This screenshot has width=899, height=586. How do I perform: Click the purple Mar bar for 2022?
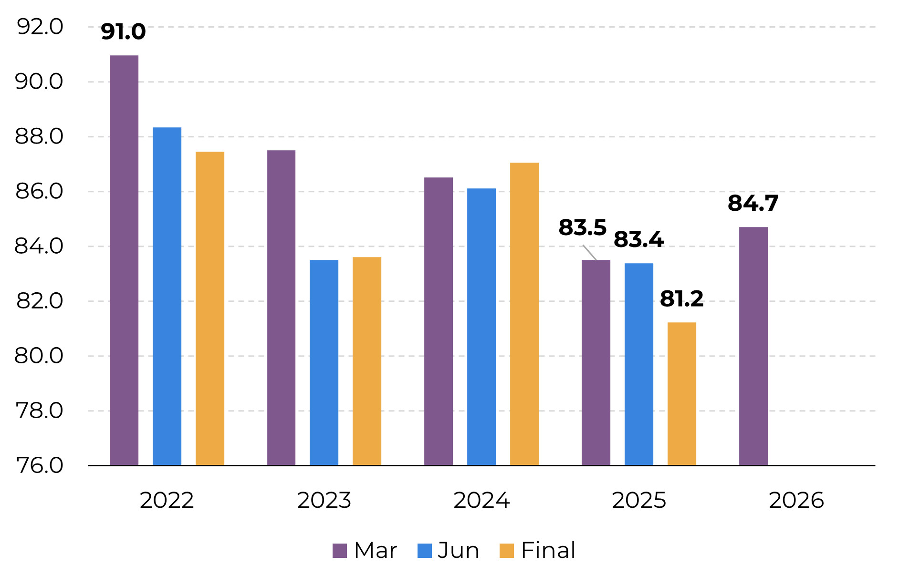pos(124,260)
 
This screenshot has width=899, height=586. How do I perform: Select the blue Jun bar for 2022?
pos(167,296)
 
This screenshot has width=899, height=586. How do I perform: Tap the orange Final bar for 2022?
pos(210,308)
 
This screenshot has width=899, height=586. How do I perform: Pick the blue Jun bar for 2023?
pos(324,362)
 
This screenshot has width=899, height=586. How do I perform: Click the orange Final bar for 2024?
pos(524,314)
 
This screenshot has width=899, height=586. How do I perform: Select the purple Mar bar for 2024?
pos(439,321)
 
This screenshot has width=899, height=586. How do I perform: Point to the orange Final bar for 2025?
pos(682,393)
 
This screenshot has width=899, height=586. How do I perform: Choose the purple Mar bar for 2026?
pos(753,346)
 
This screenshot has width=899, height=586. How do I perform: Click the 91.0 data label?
pos(123,32)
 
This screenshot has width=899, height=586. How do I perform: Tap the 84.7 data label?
pos(753,203)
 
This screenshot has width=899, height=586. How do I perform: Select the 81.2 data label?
pos(681,299)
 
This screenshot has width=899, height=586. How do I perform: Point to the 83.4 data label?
pos(638,239)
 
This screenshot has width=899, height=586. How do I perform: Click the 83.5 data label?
pos(582,227)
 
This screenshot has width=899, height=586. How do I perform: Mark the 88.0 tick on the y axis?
pos(39,136)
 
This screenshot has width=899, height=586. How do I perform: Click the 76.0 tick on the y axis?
pos(39,465)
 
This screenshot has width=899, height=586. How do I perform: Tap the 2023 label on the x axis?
pos(324,500)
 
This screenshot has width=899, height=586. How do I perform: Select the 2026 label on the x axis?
pos(796,500)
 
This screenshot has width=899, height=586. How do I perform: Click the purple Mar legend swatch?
pos(340,551)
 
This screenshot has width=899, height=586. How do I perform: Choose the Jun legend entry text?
pos(458,550)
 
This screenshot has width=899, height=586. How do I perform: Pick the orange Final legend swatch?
pos(507,551)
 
